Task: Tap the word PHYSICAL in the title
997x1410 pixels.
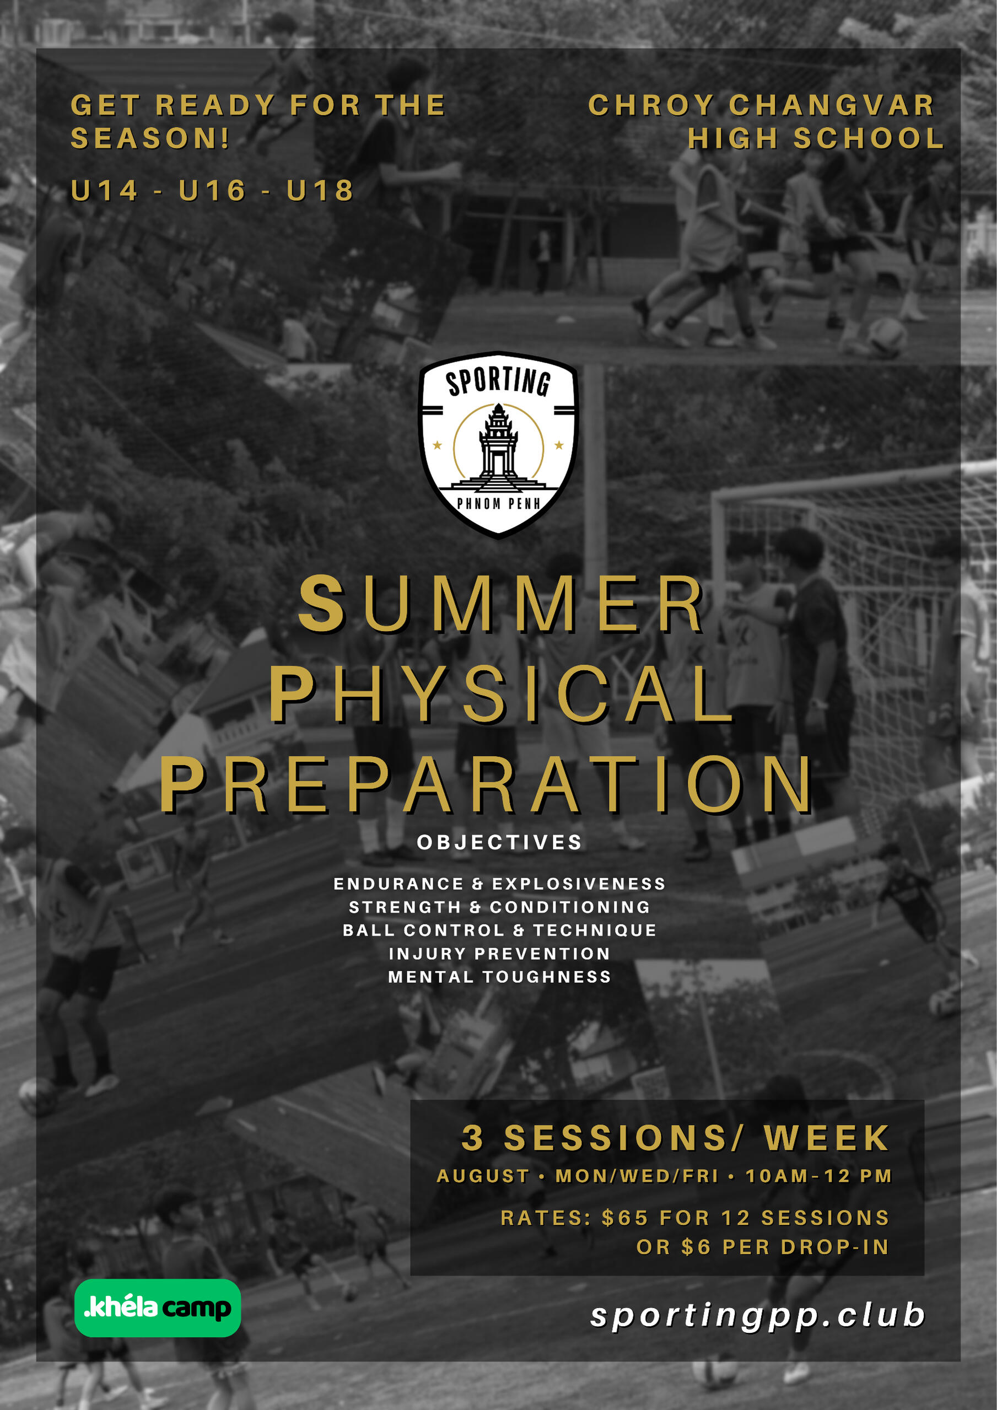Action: point(501,694)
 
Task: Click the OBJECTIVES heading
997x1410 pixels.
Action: point(499,842)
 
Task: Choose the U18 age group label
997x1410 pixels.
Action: point(320,190)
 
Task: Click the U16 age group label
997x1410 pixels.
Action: point(212,190)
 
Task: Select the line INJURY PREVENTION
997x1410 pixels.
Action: point(499,954)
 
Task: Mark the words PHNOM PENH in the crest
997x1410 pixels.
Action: point(498,504)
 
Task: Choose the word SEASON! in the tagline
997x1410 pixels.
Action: point(150,138)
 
